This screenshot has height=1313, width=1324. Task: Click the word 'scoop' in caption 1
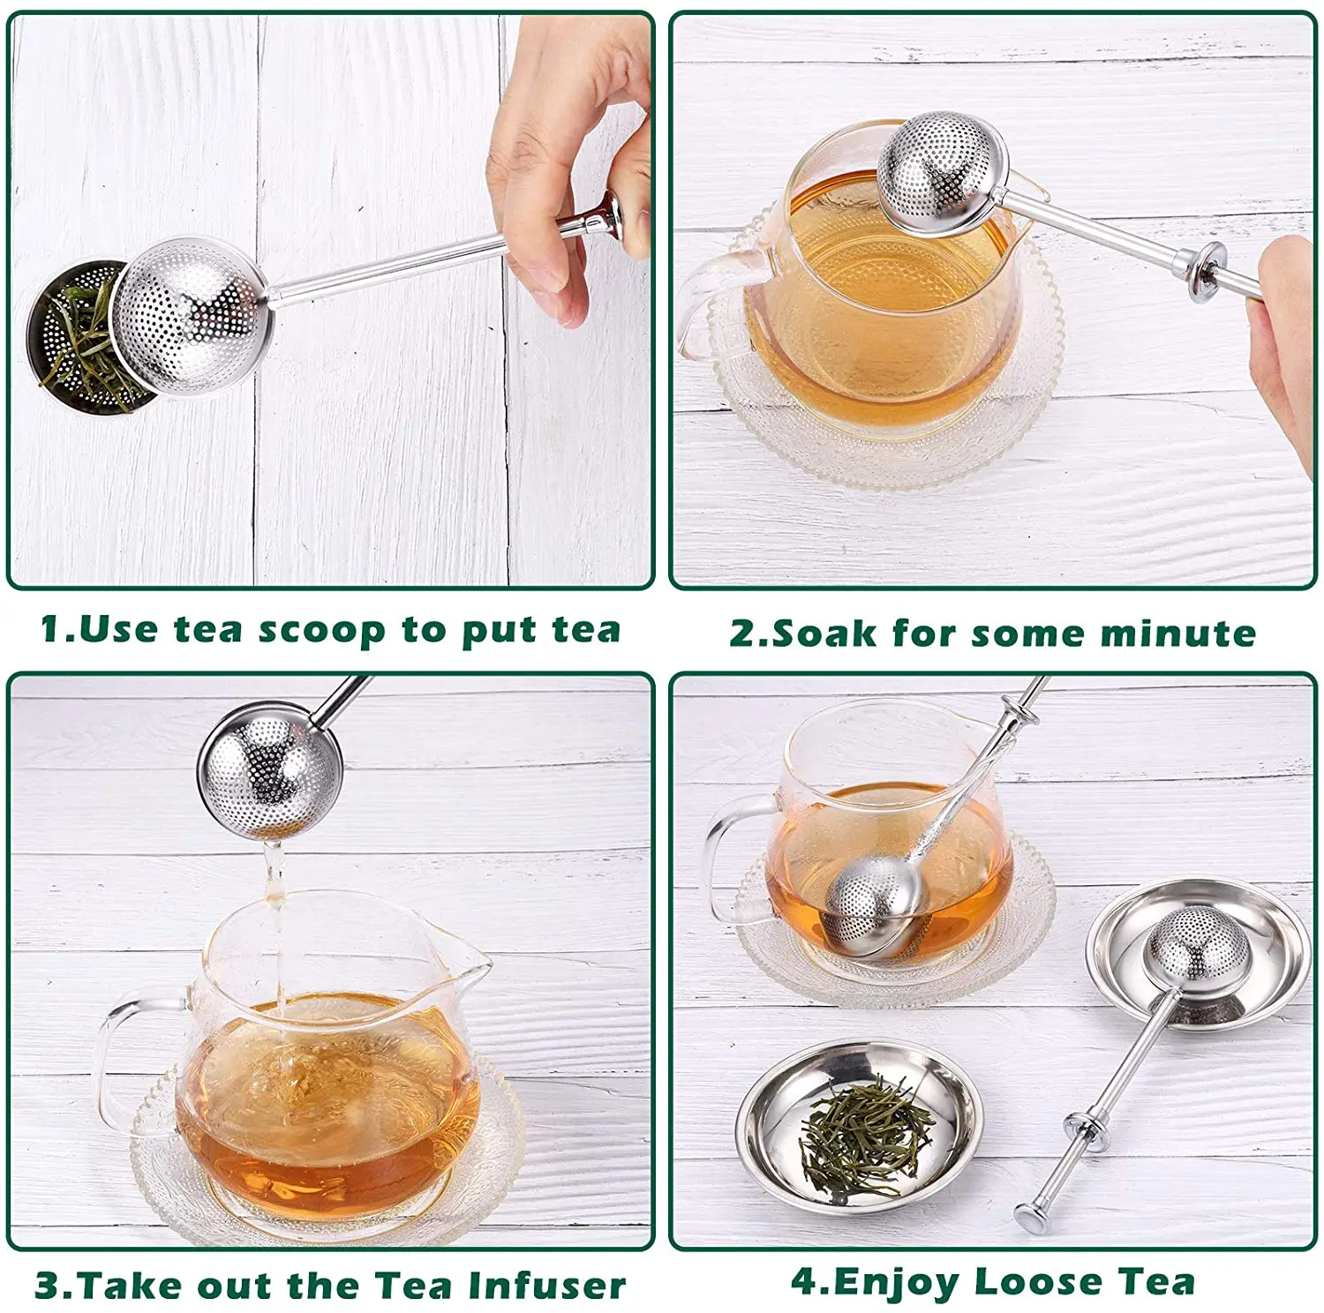coord(321,631)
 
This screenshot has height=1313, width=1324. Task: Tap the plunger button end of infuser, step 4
coord(1028,1219)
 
